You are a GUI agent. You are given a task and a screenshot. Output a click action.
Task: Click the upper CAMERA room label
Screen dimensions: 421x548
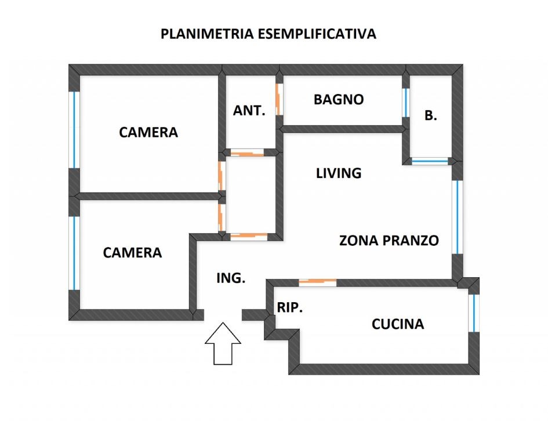click(x=148, y=132)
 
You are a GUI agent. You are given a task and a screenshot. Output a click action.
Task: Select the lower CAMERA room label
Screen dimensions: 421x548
click(x=132, y=253)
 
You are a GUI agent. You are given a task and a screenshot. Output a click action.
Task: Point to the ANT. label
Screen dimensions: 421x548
click(x=249, y=111)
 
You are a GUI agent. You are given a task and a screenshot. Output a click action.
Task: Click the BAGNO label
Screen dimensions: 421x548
click(x=339, y=100)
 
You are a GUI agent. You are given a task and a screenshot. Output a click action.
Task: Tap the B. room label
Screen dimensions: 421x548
click(x=430, y=116)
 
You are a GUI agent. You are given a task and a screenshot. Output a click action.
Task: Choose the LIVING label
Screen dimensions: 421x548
click(x=339, y=173)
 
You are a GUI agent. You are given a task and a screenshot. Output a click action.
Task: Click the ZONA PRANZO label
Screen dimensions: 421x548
click(x=389, y=240)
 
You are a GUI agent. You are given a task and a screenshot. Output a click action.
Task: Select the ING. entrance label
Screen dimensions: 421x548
click(x=231, y=278)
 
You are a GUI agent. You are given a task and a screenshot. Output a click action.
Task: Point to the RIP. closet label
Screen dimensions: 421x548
click(x=290, y=309)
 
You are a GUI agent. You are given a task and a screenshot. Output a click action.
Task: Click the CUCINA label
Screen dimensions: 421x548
click(x=397, y=324)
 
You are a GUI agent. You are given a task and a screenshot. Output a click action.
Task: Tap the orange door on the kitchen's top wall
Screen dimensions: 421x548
click(x=317, y=282)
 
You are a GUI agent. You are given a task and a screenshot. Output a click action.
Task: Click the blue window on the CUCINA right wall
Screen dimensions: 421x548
click(x=474, y=313)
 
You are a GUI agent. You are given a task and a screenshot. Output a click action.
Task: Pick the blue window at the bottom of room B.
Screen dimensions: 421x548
click(x=430, y=161)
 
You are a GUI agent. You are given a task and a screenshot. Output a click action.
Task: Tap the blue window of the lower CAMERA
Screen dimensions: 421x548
click(x=74, y=252)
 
